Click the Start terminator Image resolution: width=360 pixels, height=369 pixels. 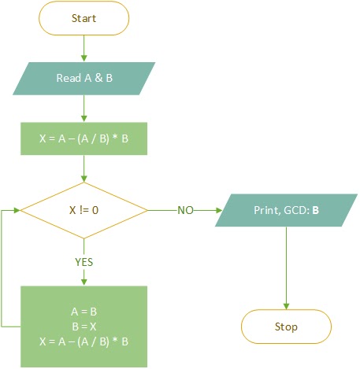pyautogui.click(x=84, y=17)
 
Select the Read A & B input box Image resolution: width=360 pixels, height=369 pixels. pyautogui.click(x=84, y=78)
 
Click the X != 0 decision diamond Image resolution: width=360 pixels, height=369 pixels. pyautogui.click(x=84, y=211)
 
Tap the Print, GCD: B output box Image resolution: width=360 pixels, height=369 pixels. pyautogui.click(x=286, y=211)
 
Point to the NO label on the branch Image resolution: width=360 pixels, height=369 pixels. pyautogui.click(x=185, y=211)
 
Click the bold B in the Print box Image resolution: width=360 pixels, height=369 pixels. pyautogui.click(x=315, y=211)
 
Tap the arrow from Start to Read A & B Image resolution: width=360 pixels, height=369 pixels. pyautogui.click(x=84, y=48)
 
